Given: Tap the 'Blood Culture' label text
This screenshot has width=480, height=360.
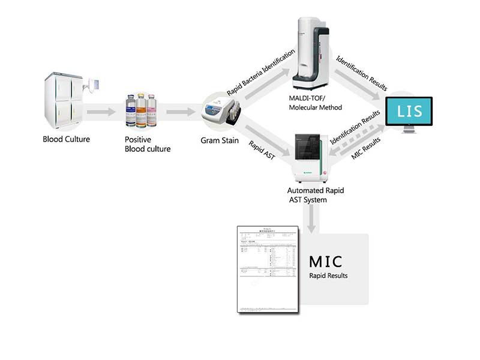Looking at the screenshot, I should click(66, 140).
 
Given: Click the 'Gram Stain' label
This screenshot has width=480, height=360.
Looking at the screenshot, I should click(220, 142).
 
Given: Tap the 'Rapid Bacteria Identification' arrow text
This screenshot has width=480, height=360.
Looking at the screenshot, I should click(261, 73).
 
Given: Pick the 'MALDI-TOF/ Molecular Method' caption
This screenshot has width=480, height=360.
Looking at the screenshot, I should click(315, 103).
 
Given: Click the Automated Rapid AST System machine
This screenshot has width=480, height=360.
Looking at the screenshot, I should click(310, 153).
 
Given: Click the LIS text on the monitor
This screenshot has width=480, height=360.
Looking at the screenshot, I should click(410, 111).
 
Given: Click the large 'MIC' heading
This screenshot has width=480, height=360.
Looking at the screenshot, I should click(326, 262).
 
